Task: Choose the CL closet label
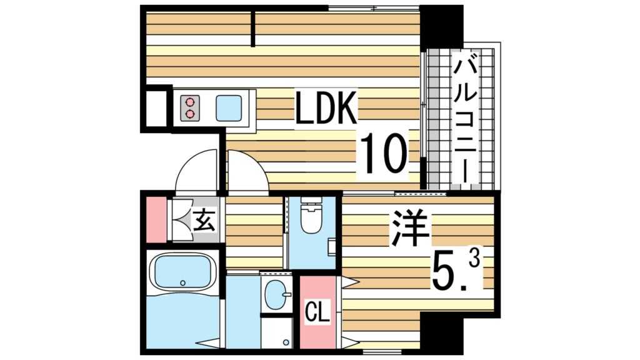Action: [317, 311]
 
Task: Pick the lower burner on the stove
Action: [189, 114]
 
